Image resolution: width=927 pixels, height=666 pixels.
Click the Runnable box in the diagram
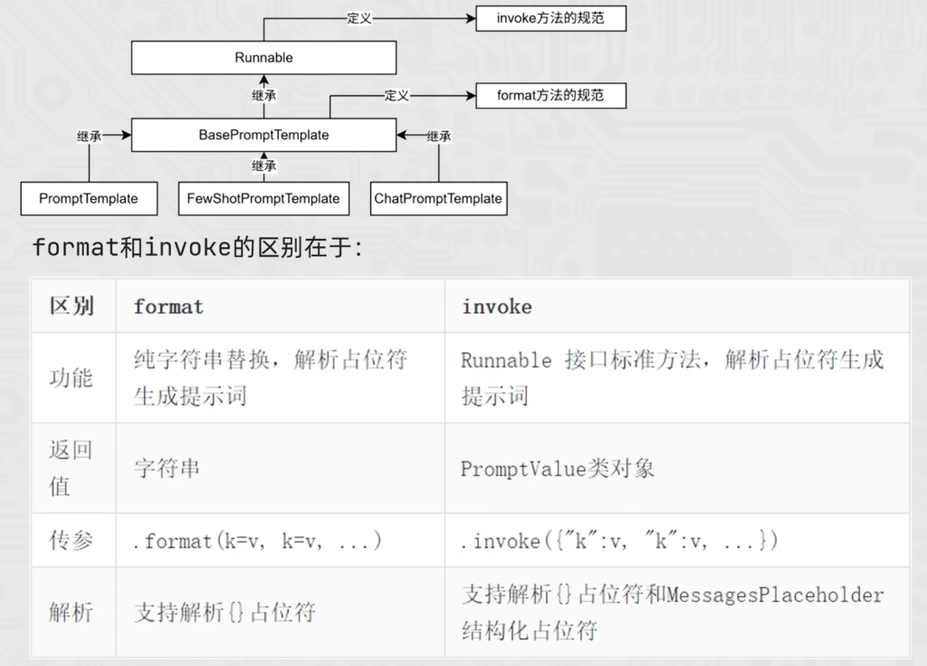pyautogui.click(x=263, y=58)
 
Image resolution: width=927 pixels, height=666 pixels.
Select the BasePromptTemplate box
pyautogui.click(x=263, y=135)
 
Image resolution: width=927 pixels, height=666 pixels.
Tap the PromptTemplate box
pyautogui.click(x=89, y=198)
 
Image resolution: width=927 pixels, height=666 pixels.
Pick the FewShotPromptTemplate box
pyautogui.click(x=263, y=198)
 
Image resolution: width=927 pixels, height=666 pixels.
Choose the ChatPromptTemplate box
pyautogui.click(x=438, y=198)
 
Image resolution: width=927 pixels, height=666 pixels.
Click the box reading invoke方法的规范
pyautogui.click(x=550, y=18)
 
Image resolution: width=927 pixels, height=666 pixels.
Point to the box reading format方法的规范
pyautogui.click(x=550, y=95)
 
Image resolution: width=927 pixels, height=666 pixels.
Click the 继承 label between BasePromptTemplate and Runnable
pyautogui.click(x=263, y=95)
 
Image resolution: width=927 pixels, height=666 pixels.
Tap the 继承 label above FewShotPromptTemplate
pyautogui.click(x=263, y=166)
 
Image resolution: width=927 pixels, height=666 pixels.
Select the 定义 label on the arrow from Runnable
pyautogui.click(x=359, y=18)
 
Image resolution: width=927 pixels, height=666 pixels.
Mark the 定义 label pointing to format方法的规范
pyautogui.click(x=397, y=95)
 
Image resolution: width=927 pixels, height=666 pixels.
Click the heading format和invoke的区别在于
pyautogui.click(x=197, y=247)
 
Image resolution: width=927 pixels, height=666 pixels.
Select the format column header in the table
pyautogui.click(x=168, y=307)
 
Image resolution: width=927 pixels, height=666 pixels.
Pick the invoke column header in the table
pyautogui.click(x=497, y=307)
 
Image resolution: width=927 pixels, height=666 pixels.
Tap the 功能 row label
pyautogui.click(x=71, y=377)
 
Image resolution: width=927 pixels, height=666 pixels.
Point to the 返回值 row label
pyautogui.click(x=71, y=468)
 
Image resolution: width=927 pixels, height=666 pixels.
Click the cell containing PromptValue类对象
pyautogui.click(x=558, y=469)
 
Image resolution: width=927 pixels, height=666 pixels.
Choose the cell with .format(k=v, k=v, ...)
pyautogui.click(x=257, y=541)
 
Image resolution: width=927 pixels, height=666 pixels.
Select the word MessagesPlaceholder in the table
pyautogui.click(x=775, y=595)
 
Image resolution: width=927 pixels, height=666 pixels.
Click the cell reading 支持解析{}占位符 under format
pyautogui.click(x=225, y=613)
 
